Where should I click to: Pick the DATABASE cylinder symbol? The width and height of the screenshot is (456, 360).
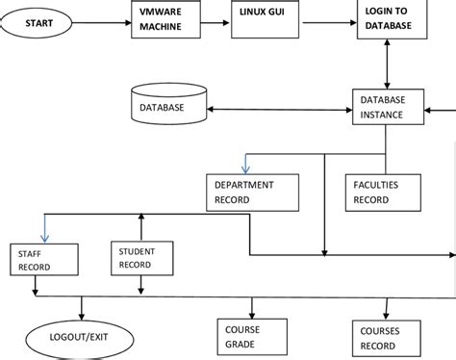point(167,106)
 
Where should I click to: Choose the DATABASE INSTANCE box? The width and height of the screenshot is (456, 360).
point(387,107)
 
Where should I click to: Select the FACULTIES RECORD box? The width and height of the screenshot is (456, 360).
point(384,192)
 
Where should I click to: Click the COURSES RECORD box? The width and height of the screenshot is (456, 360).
point(383,334)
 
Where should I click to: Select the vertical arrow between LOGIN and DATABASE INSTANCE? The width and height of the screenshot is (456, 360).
point(387,66)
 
